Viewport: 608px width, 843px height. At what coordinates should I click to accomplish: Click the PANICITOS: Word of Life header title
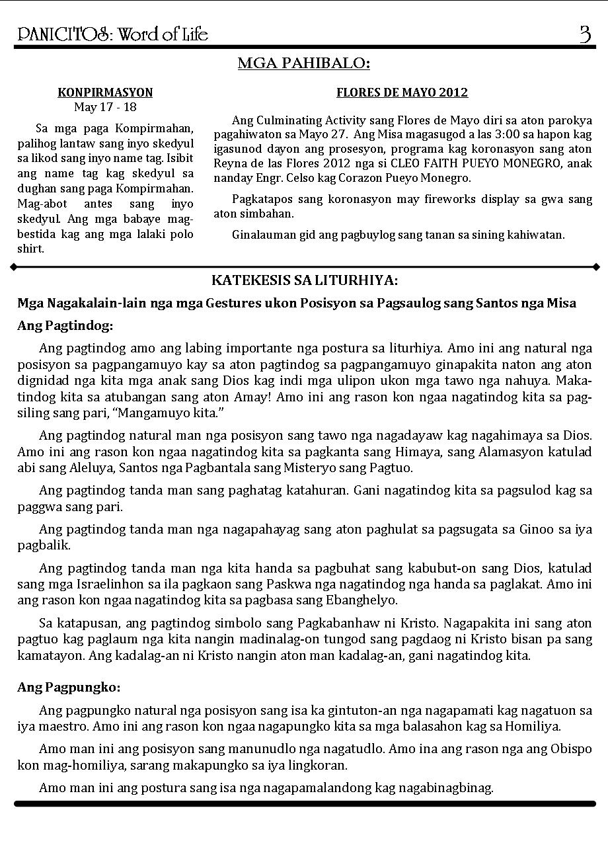coord(113,34)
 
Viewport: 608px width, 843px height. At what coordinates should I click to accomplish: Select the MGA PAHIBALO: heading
coord(303,63)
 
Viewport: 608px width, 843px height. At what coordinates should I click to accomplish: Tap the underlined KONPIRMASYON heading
coord(105,93)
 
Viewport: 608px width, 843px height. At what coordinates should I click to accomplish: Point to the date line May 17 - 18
coord(105,107)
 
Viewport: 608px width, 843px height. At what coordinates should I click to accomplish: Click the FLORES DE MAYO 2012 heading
coord(402,93)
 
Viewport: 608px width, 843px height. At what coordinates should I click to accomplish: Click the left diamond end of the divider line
coord(13,267)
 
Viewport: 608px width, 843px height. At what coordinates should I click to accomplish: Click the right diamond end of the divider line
coord(596,267)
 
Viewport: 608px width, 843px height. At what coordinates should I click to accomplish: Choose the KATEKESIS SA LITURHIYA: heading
coord(304,281)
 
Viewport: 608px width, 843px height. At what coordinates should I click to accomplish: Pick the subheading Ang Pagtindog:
coord(65,326)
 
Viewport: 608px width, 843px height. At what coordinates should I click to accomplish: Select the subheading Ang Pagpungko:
coord(69,688)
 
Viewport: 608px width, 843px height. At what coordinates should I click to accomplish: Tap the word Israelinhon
coord(100,584)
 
